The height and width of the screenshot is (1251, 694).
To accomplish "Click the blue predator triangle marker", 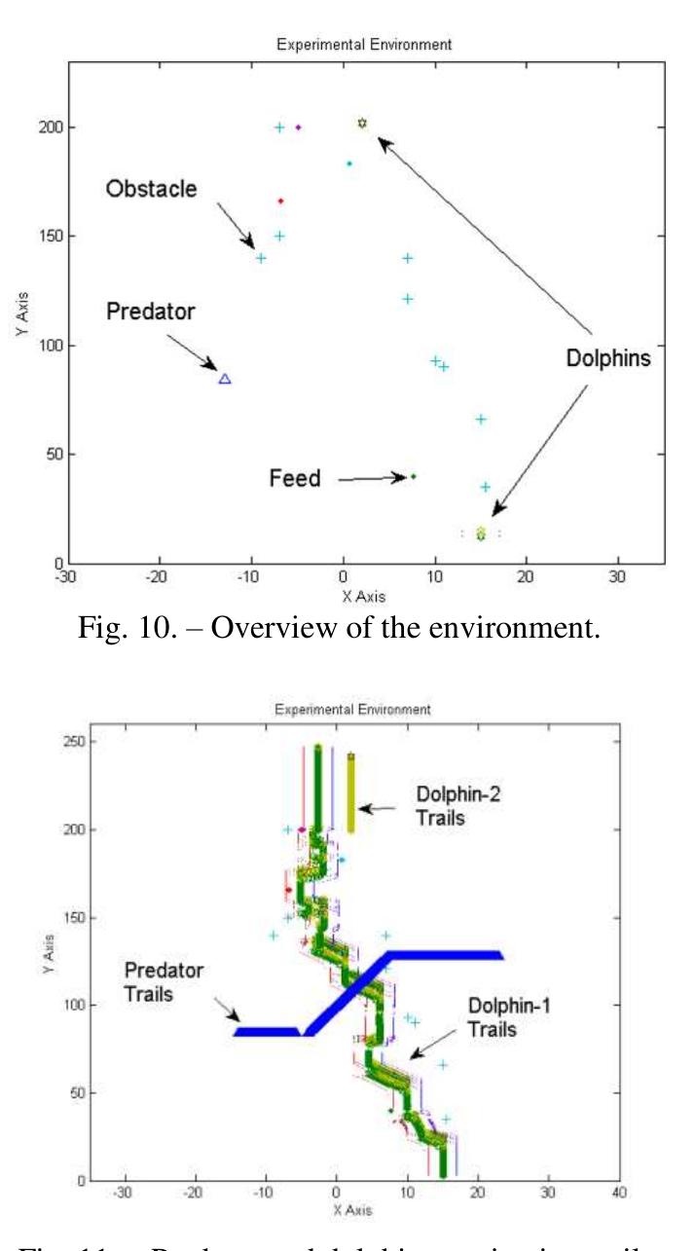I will (x=225, y=379).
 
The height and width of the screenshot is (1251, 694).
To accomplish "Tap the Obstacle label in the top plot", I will (x=151, y=189).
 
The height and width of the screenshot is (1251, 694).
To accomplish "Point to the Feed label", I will (x=294, y=479).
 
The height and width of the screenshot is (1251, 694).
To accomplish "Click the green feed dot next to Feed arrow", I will (x=413, y=476).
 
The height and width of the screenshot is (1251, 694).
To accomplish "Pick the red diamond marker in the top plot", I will (x=280, y=201).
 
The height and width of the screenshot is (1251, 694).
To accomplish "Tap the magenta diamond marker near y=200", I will (x=298, y=127).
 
